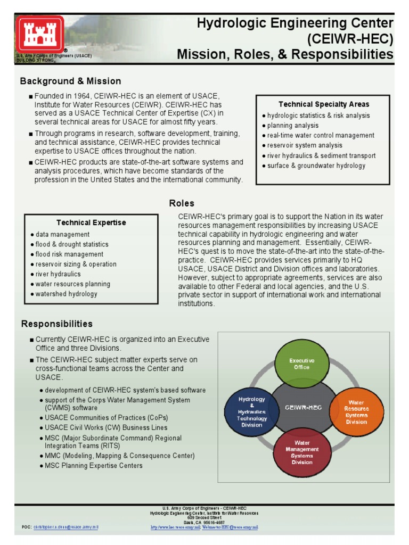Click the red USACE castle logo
[x=40, y=34]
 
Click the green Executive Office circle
[x=302, y=364]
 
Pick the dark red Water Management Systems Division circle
[x=302, y=452]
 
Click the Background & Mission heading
[x=70, y=81]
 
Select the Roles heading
[x=182, y=203]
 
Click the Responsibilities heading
[x=56, y=324]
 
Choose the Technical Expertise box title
[x=91, y=222]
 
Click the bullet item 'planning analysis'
[x=292, y=126]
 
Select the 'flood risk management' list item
[x=69, y=254]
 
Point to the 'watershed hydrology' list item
[x=66, y=294]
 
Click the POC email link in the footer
[x=66, y=527]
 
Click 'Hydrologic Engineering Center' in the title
[x=295, y=23]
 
